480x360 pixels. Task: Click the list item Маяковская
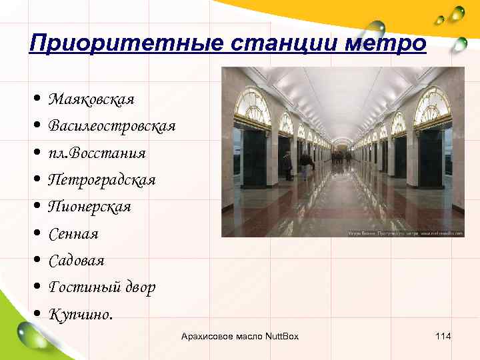tap(91, 99)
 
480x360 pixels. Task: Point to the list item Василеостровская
tap(112, 126)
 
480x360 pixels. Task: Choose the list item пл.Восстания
tap(97, 153)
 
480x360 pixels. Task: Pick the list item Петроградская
tap(102, 180)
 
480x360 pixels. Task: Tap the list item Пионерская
tap(90, 207)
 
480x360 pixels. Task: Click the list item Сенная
tap(73, 234)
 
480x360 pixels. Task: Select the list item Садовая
tap(77, 261)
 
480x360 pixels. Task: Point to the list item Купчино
tap(80, 314)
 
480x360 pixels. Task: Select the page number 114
tap(443, 336)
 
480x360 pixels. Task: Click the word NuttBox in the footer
tap(282, 336)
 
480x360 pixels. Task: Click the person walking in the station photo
tap(305, 163)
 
